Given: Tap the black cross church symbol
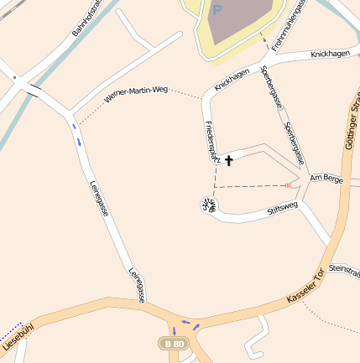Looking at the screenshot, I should [228, 158].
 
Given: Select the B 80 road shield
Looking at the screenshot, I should [174, 345].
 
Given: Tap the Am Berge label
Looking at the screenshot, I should [326, 179].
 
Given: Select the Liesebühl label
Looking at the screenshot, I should [18, 335].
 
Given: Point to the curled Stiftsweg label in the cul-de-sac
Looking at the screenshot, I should [207, 204].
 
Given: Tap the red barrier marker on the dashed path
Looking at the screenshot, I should [287, 184].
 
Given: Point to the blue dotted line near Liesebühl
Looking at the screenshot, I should [10, 328].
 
